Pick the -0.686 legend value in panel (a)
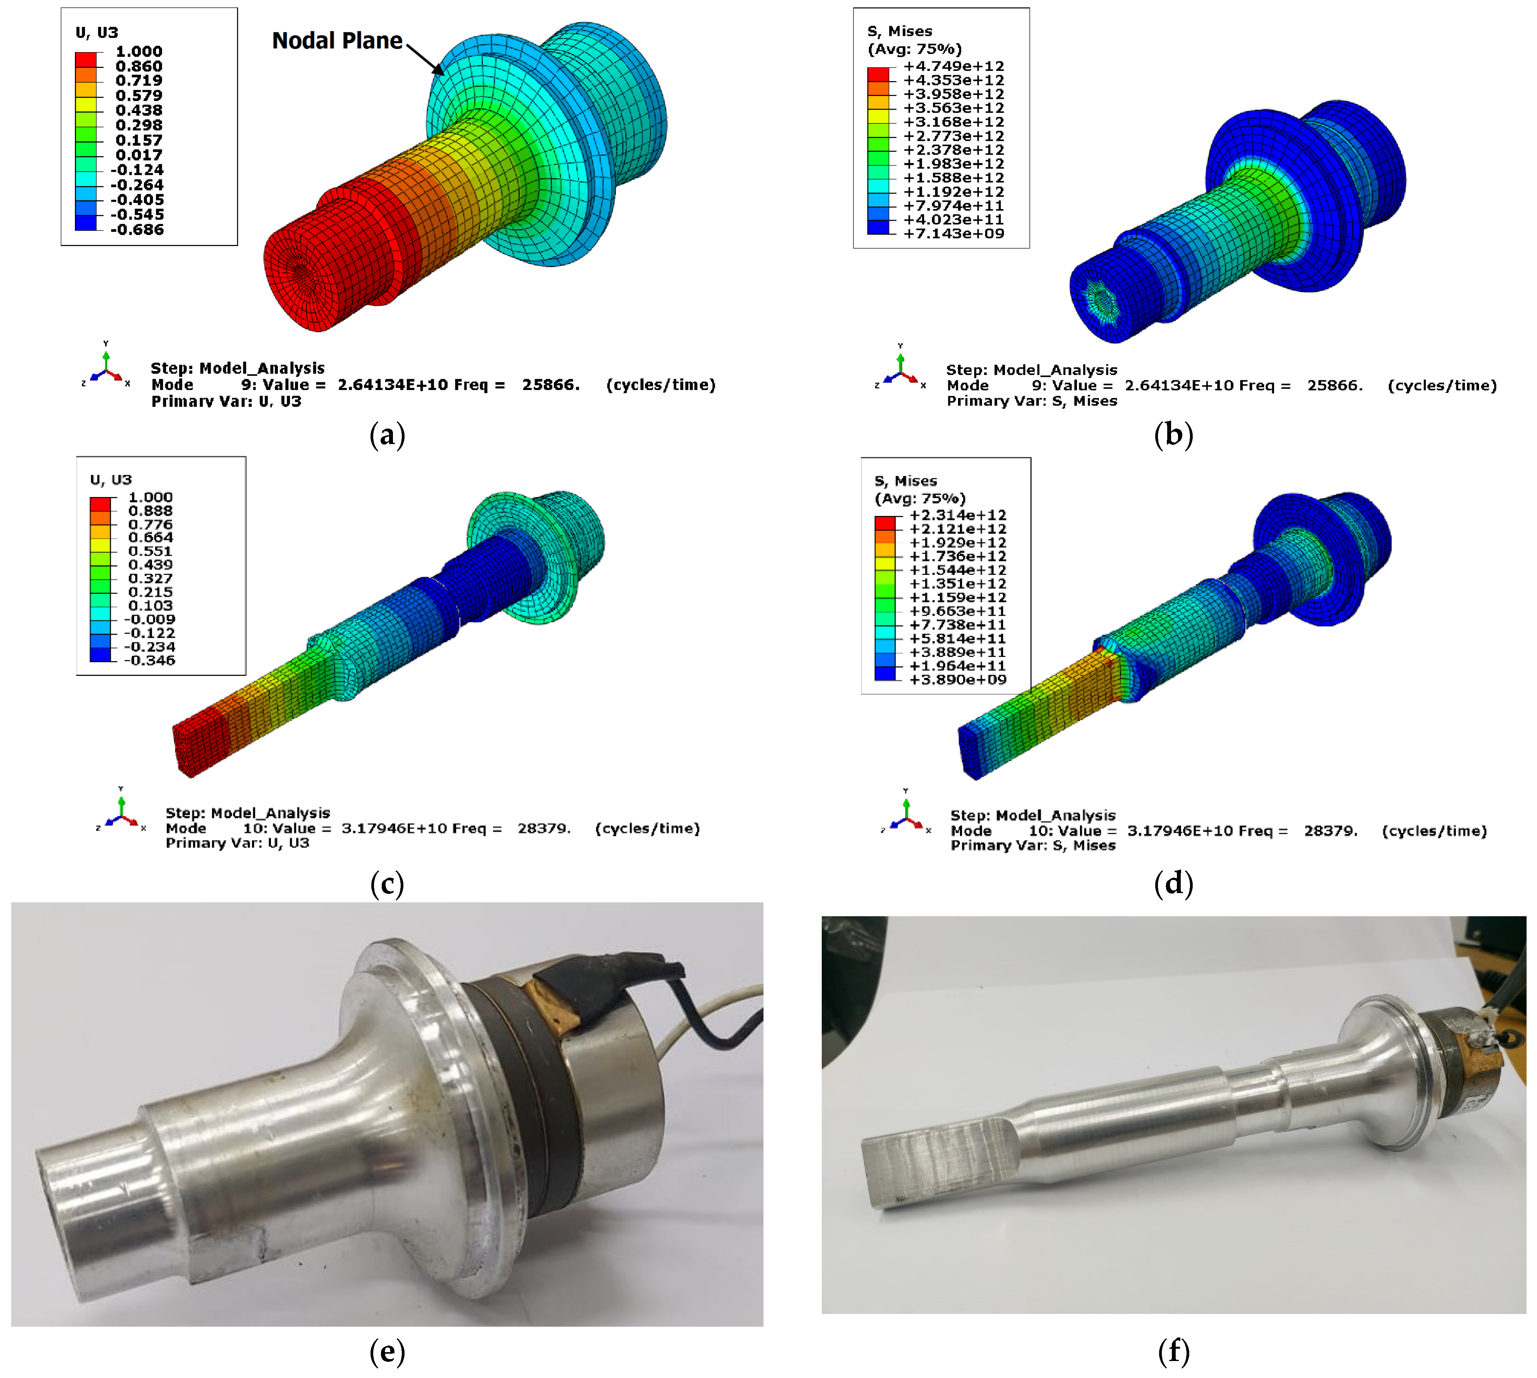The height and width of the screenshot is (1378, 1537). click(x=137, y=230)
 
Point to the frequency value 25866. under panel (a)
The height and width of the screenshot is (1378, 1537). click(x=550, y=385)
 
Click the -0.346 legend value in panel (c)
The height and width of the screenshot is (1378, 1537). click(x=149, y=660)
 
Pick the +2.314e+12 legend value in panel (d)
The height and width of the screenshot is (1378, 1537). click(x=958, y=515)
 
